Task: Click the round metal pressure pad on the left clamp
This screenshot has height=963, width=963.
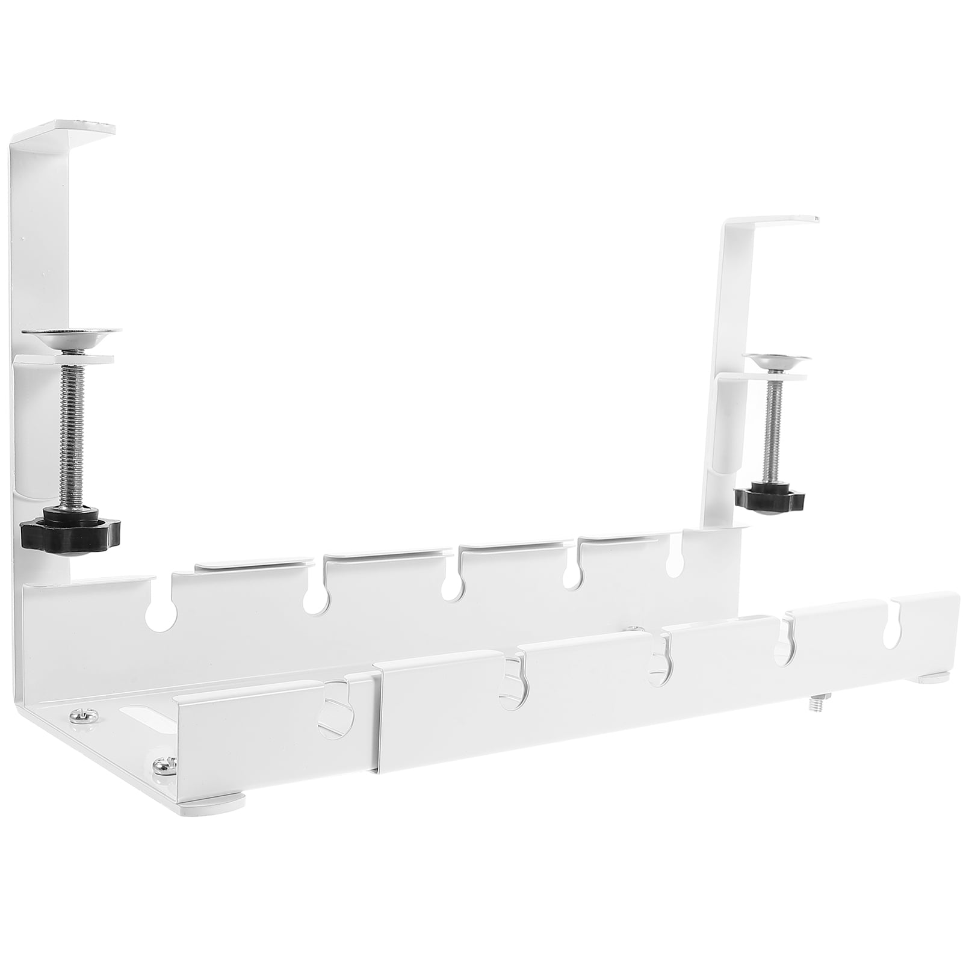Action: coord(70,335)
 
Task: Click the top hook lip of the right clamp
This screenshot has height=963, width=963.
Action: coord(776,220)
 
